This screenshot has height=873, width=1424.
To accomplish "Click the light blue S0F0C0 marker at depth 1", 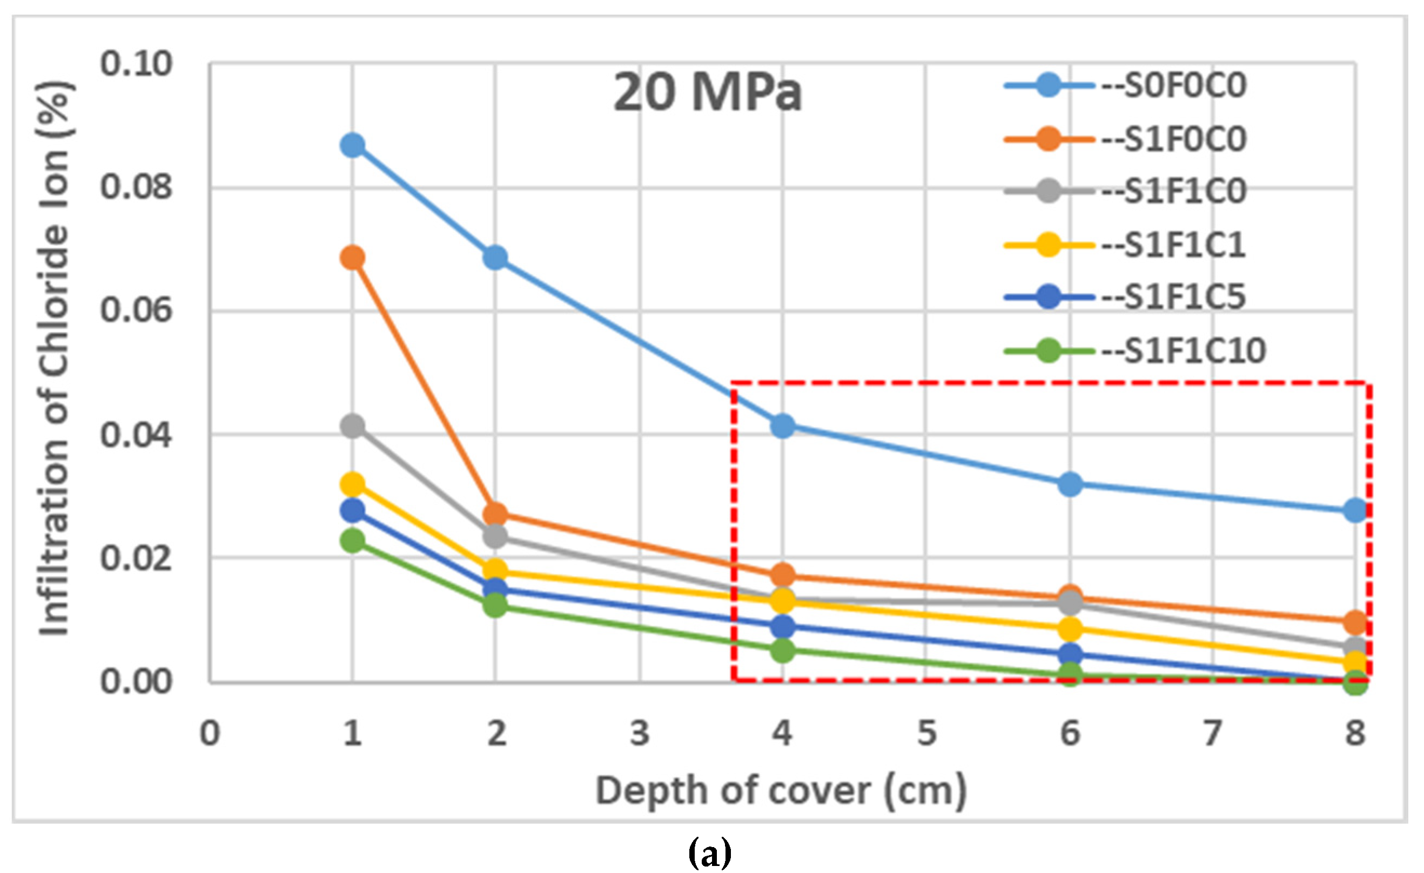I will tap(353, 145).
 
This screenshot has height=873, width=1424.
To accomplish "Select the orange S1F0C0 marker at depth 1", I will tap(353, 257).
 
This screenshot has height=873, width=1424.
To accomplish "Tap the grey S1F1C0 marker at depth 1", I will tap(353, 427).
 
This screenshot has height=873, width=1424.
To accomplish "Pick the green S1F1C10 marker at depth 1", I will tap(353, 541).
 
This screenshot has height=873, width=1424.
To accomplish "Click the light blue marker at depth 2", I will tap(495, 257).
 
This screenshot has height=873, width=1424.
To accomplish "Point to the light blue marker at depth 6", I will tap(1070, 484).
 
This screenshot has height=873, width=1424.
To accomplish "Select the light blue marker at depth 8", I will tap(1356, 510).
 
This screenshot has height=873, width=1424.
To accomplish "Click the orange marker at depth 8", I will tap(1356, 622).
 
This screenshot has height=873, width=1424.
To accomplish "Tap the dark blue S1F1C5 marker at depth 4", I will tap(783, 625).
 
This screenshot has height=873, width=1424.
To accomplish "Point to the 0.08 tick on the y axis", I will tap(136, 188).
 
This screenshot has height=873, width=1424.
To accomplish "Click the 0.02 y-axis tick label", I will tap(136, 558).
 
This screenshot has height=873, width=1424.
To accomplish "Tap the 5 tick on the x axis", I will tap(926, 733).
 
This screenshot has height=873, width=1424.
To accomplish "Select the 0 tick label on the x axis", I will tap(210, 733).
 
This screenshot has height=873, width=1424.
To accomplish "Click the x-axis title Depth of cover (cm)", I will tap(781, 790).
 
